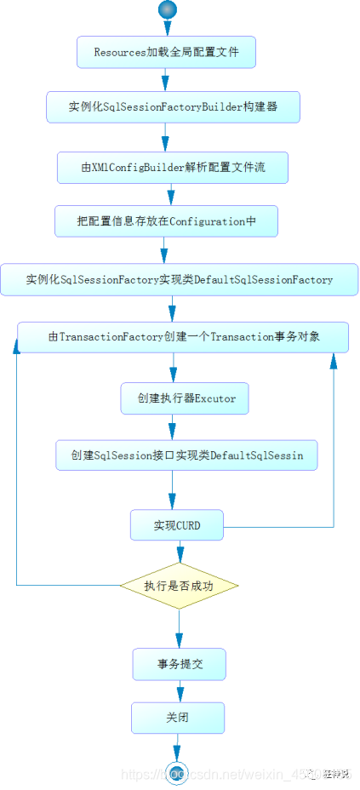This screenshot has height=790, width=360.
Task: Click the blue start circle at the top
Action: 168,9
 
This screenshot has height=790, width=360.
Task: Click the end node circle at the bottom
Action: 178,770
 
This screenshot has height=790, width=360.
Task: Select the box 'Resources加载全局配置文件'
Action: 166,53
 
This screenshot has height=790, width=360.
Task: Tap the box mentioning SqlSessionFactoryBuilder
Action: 173,108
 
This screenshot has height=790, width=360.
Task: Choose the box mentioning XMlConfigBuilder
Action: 173,168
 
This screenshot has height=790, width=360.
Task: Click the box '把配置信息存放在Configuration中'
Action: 166,220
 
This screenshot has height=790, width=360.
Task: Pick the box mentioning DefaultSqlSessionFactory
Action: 179,279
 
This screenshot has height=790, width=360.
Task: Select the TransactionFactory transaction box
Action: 184,337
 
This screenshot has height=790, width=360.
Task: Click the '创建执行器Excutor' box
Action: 185,398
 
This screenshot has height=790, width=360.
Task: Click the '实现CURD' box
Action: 177,525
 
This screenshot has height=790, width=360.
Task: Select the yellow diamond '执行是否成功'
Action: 179,586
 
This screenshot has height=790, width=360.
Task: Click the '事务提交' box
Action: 179,664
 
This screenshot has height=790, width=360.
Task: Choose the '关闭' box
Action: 177,718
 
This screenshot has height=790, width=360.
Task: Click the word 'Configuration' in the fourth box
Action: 209,220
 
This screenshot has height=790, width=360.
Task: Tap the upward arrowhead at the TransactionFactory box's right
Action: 334,360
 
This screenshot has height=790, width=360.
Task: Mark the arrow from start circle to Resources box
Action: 168,27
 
